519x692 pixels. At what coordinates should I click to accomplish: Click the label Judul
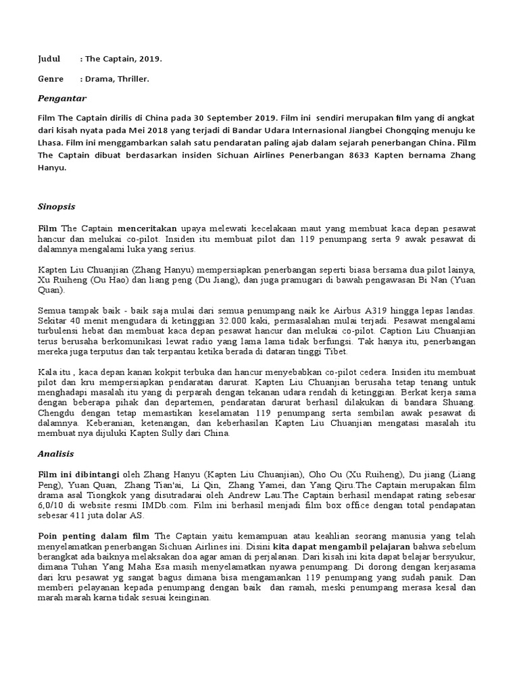coord(49,59)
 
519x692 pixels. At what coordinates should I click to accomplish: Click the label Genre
coord(50,79)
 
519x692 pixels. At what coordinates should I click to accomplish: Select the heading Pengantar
coord(61,99)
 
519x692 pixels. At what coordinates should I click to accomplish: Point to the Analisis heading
coord(55,454)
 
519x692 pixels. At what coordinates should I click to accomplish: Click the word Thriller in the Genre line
coord(132,79)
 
